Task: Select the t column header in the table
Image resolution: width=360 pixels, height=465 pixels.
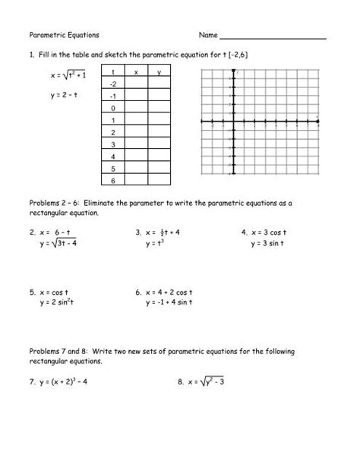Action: click(112, 71)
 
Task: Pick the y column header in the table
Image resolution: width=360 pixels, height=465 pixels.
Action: click(159, 71)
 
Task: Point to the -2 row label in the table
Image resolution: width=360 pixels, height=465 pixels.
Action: click(112, 84)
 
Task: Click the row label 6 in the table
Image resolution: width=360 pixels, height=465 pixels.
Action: click(112, 181)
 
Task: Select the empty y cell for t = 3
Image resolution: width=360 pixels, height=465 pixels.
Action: click(159, 144)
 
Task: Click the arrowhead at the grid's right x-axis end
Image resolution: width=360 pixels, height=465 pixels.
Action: click(316, 122)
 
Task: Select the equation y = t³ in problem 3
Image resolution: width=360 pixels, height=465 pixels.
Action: click(157, 245)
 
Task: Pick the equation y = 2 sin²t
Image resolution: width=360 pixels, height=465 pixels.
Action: click(62, 304)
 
